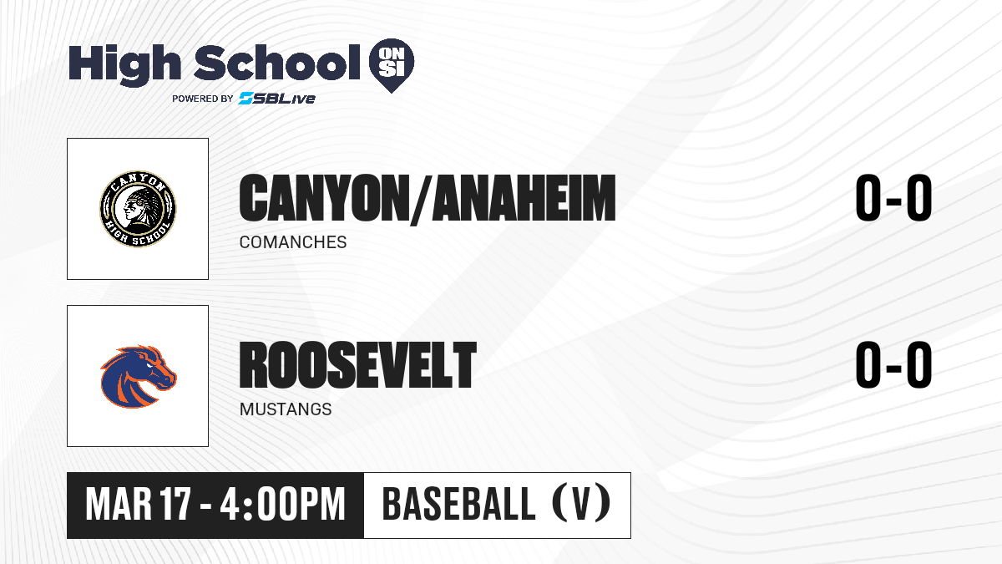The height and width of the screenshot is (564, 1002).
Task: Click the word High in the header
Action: coord(124,64)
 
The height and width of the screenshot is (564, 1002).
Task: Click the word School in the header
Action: coord(277,62)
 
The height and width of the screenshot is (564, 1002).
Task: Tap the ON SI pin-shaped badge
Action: coord(392,65)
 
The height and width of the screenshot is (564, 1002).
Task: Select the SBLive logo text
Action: coord(276,98)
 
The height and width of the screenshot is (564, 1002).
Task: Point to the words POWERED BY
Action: coord(203,99)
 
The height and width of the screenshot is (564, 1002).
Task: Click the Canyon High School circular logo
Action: coord(138,209)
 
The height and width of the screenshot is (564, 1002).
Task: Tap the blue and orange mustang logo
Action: coord(139,376)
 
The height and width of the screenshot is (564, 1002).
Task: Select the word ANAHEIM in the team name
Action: coord(524,198)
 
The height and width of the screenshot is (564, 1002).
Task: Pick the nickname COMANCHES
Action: coord(293,242)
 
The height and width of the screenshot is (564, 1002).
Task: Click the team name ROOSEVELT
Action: coord(358,365)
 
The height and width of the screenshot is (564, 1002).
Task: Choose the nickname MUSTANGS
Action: coord(286,409)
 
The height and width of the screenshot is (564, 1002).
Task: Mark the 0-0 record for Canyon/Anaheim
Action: coord(893,198)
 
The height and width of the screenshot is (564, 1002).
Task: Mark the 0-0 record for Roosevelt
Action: coord(893,365)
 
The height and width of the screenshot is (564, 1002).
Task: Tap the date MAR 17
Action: coord(139,505)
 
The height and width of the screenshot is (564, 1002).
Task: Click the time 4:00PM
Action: coord(283,505)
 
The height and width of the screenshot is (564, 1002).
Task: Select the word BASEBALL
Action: coord(459,504)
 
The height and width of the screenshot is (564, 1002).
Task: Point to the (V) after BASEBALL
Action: coord(581,503)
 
